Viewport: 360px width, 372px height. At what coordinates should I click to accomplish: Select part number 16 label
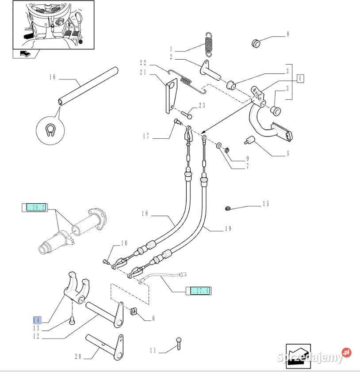point(53,77)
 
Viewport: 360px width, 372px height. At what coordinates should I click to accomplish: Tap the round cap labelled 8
point(255,43)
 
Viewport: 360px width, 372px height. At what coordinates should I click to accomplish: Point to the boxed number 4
point(300,79)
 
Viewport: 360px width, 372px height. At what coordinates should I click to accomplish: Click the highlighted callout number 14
point(37,320)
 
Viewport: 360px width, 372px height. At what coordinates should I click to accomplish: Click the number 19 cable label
point(228,228)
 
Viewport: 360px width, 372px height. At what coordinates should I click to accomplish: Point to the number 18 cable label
point(145,214)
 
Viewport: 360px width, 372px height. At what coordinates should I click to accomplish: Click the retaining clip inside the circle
point(50,130)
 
